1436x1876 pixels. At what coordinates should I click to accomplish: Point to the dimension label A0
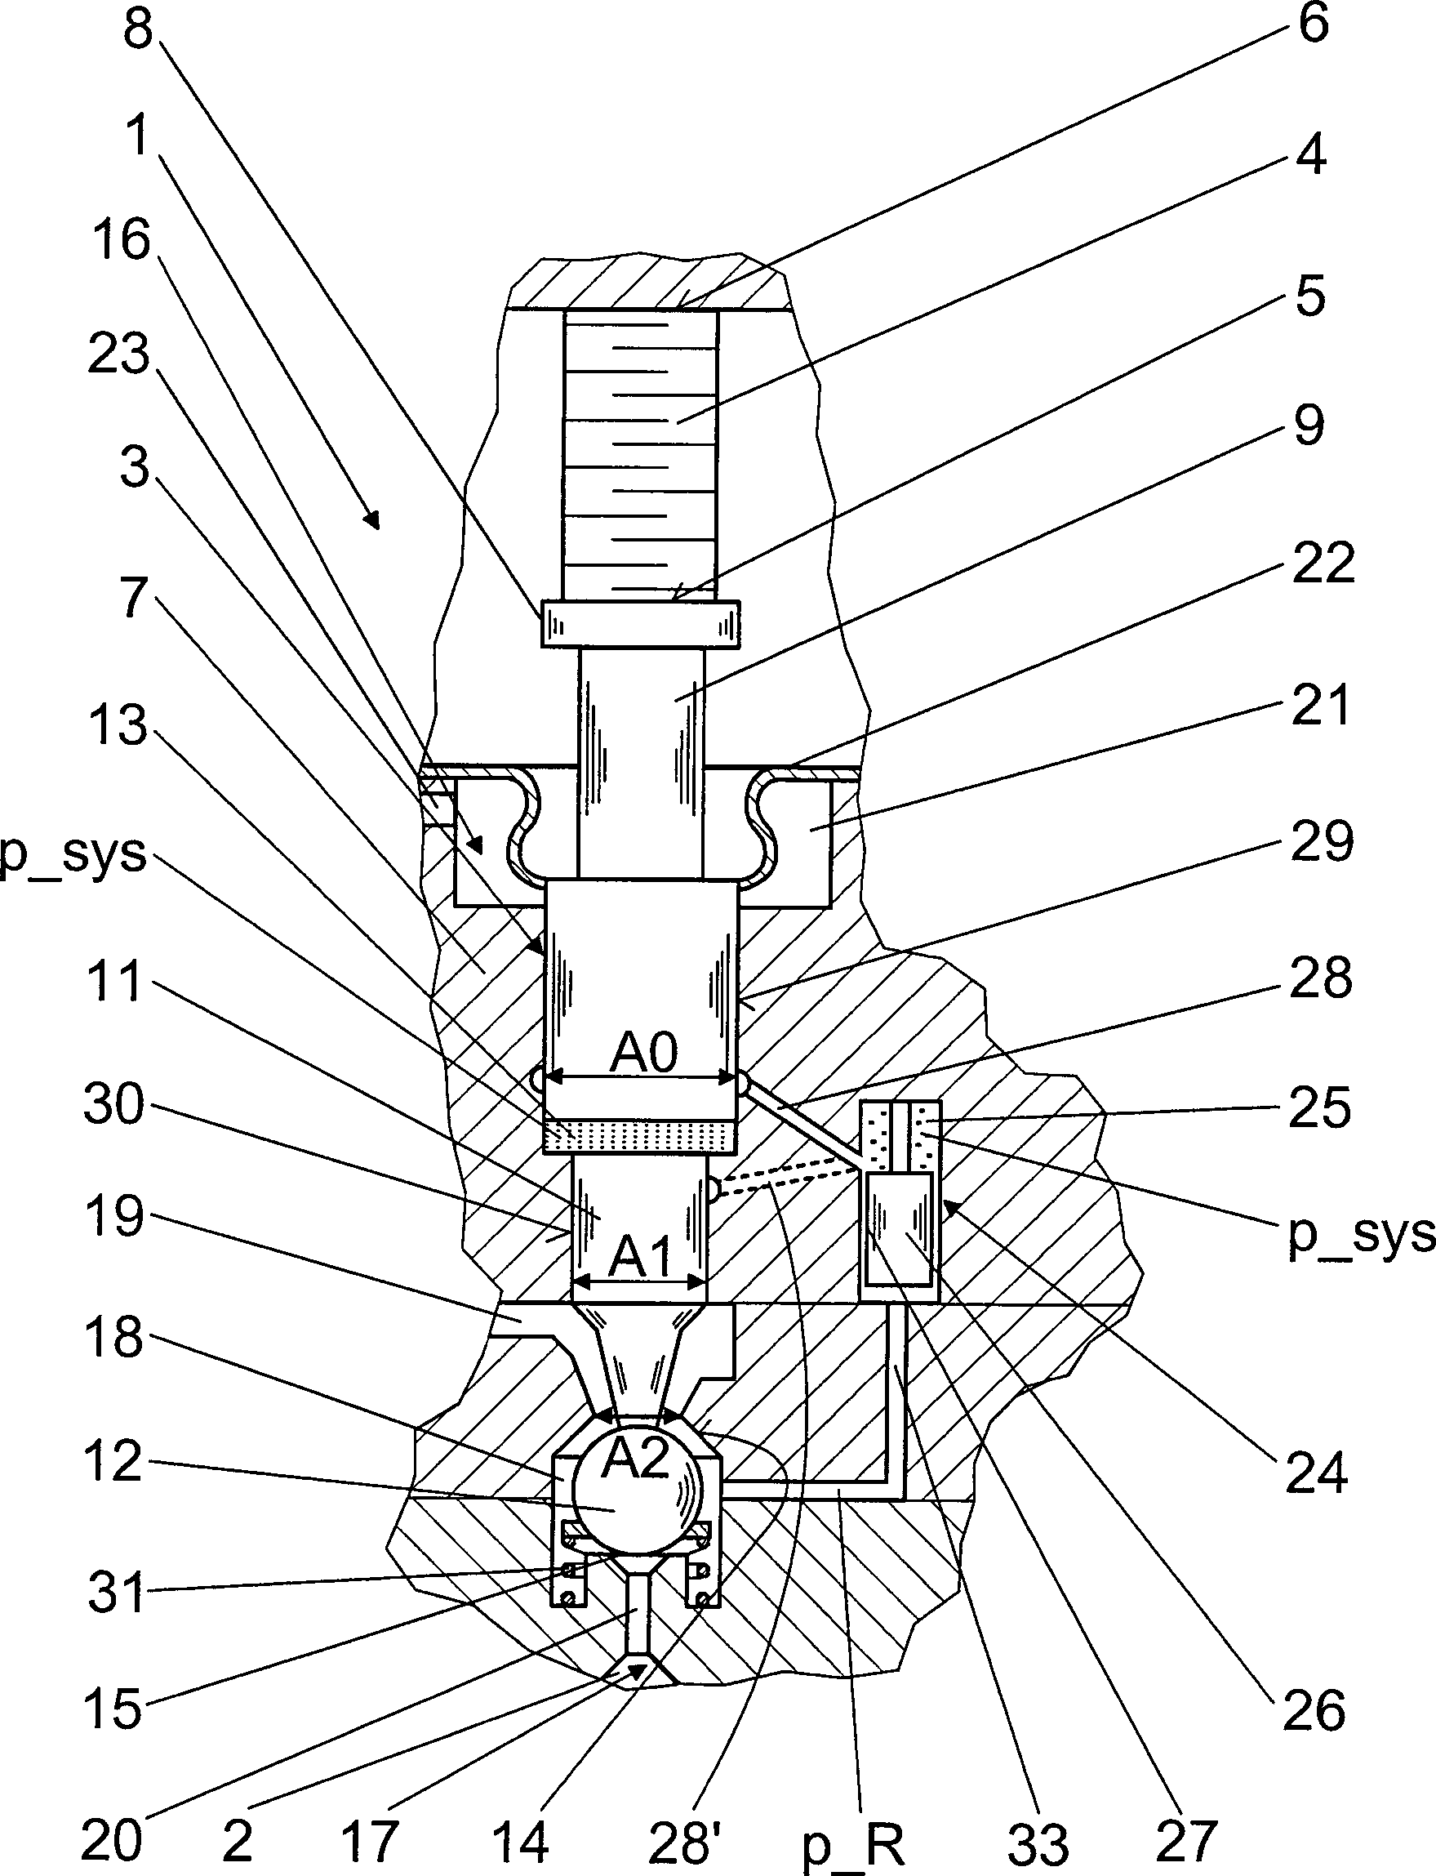click(x=643, y=1051)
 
